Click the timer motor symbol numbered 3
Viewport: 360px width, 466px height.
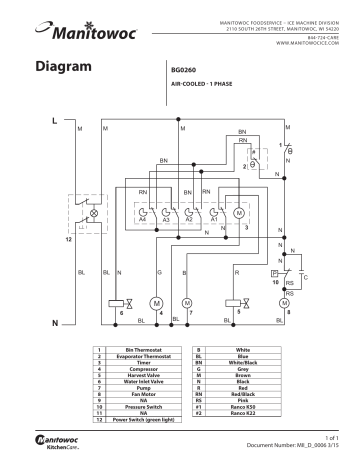click(238, 212)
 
